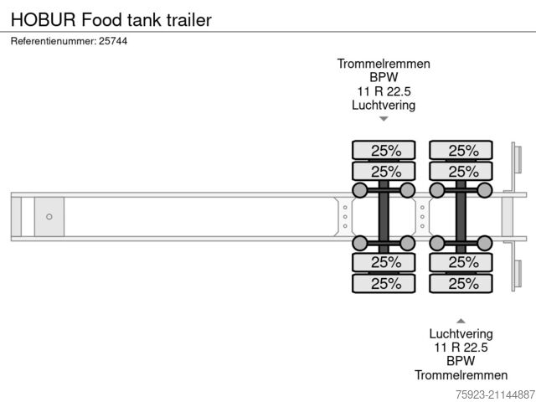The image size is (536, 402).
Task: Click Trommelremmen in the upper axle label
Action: click(384, 64)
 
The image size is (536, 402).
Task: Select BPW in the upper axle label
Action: click(384, 77)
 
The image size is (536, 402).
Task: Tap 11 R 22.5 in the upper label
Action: click(384, 91)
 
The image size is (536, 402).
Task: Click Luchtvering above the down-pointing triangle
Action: click(384, 105)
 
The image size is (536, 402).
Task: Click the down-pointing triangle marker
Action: click(384, 119)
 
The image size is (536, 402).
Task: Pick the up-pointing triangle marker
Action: click(461, 320)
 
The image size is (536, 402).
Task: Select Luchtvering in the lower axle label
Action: click(461, 333)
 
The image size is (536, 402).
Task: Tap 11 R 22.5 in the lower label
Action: click(461, 348)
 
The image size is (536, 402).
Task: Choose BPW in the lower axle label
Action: click(461, 361)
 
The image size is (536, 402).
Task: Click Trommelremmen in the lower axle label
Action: click(461, 375)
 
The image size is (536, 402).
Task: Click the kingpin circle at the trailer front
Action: click(49, 217)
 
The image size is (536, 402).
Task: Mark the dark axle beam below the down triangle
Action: click(384, 217)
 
